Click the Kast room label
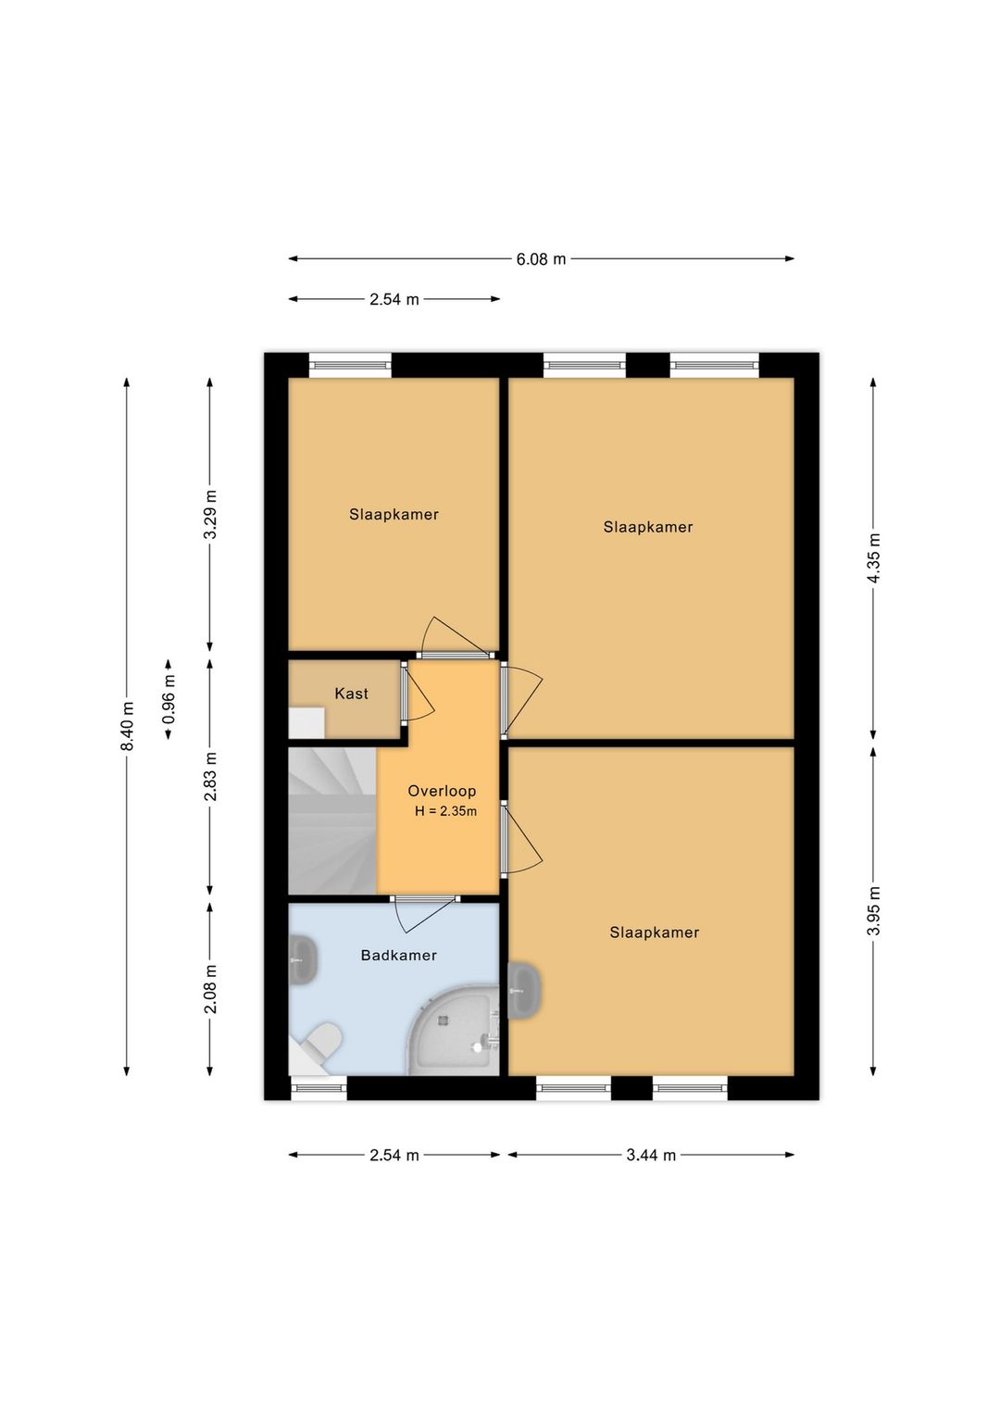click(351, 694)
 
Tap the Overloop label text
click(442, 791)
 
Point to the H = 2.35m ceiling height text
click(445, 812)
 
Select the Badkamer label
click(398, 955)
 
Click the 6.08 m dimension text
click(541, 258)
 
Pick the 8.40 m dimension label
click(128, 726)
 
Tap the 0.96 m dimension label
click(169, 699)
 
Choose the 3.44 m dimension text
click(651, 1156)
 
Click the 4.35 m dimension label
click(874, 558)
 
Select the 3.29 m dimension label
click(211, 514)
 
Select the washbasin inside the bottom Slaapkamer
click(525, 991)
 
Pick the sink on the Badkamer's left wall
click(303, 960)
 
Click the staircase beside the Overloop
click(332, 820)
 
